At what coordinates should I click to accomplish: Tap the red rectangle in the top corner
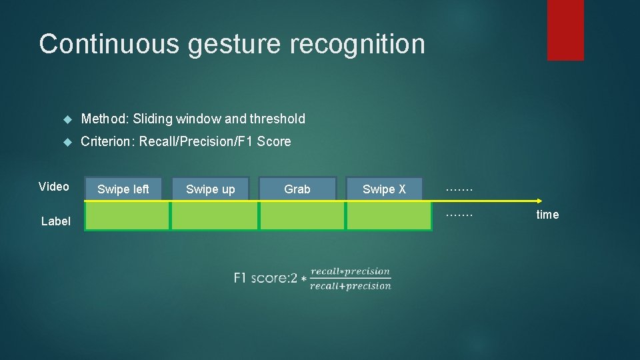pos(565,30)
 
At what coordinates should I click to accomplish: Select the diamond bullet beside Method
pos(67,119)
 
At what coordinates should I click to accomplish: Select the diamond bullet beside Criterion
pos(67,142)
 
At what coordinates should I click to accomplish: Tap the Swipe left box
pos(123,189)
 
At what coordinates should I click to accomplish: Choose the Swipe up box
pos(211,189)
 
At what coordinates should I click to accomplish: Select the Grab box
pos(297,189)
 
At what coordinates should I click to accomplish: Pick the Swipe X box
pos(384,189)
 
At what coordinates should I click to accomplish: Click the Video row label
pos(54,187)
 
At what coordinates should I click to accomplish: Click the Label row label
pos(55,221)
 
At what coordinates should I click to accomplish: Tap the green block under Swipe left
pos(127,216)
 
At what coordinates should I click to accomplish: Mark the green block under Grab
pos(302,216)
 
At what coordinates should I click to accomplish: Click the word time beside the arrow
pos(547,215)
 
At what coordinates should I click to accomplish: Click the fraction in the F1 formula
pos(351,279)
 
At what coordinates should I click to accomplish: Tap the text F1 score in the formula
pos(263,278)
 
